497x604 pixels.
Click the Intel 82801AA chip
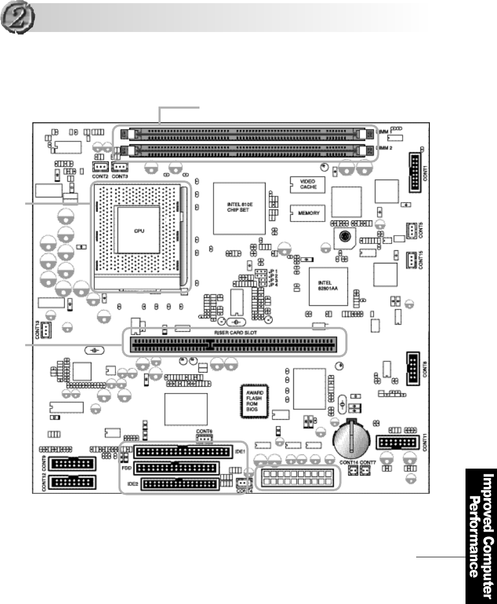(x=328, y=286)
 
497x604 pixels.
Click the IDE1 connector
(x=182, y=451)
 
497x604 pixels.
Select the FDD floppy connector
(x=176, y=468)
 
